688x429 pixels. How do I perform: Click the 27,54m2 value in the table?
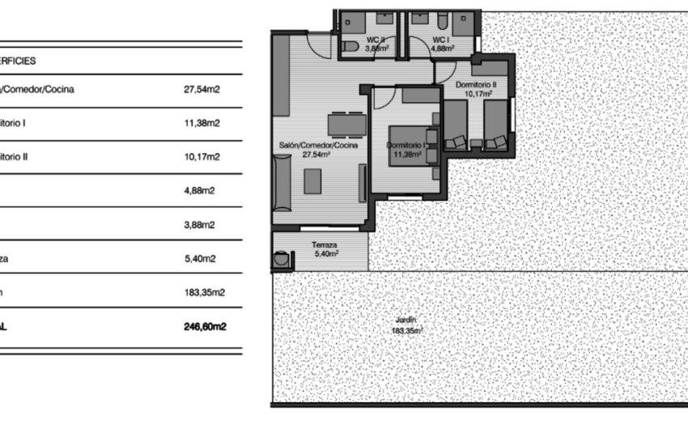[x=202, y=90]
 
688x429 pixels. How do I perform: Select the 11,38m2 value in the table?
[x=202, y=124]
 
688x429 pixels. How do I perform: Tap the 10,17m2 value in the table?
[x=202, y=158]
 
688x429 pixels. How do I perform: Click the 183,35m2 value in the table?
[x=204, y=294]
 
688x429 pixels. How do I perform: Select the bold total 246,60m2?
[x=205, y=327]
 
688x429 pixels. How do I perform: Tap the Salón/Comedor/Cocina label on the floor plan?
[x=318, y=145]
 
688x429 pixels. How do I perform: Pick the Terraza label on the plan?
[x=324, y=244]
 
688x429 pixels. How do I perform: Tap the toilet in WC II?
[x=350, y=48]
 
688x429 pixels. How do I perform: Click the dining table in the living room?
[x=346, y=124]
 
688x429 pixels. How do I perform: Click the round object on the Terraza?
[x=281, y=261]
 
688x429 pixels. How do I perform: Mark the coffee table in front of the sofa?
[x=312, y=181]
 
